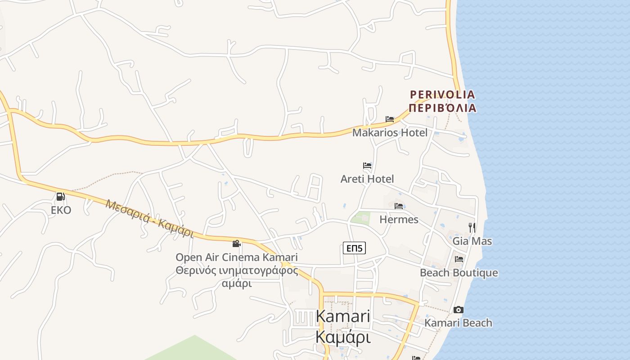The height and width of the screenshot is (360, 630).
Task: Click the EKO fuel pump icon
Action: click(60, 196)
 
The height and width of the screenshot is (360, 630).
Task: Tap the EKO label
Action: click(61, 210)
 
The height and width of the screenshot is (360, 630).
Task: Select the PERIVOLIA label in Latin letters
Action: click(442, 94)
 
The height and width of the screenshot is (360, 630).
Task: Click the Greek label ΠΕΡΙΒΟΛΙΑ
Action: click(442, 108)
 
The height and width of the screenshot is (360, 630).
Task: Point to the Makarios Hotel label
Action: click(390, 133)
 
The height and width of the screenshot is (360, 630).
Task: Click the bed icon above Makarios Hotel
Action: click(390, 119)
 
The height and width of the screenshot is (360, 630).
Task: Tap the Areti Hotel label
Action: click(367, 179)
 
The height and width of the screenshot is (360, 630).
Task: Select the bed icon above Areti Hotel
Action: click(367, 166)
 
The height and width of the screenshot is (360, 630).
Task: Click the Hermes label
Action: click(399, 220)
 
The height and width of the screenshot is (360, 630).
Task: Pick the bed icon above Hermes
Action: click(399, 206)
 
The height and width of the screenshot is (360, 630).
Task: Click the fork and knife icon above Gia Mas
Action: click(472, 227)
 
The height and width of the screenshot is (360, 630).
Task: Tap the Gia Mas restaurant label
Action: click(472, 241)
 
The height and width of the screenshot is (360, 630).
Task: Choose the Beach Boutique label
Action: click(459, 273)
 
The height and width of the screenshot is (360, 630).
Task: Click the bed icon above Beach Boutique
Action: click(459, 259)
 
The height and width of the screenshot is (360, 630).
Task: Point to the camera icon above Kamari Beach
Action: click(459, 310)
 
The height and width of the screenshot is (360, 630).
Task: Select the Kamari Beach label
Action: click(458, 323)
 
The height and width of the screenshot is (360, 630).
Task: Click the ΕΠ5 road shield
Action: click(354, 248)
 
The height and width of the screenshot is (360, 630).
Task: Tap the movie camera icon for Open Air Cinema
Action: click(236, 244)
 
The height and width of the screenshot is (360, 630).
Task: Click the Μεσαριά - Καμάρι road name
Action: click(150, 218)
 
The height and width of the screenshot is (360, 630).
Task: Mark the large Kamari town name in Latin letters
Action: click(343, 316)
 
